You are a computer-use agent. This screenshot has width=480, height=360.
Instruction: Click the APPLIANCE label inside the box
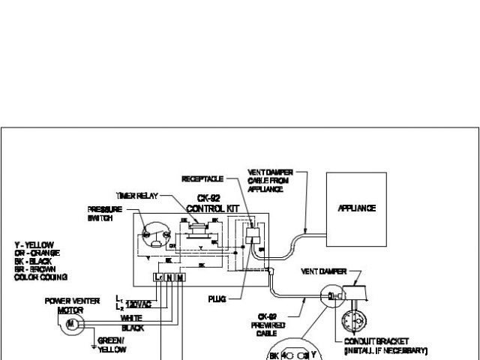coord(356,208)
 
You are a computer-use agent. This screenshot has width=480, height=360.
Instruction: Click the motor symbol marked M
coord(71,324)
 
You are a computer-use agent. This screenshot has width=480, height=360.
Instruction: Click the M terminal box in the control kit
coord(180,277)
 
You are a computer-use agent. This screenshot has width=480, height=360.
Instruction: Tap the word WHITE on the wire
coord(130,318)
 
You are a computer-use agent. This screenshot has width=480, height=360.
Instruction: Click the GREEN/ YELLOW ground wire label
coord(112,343)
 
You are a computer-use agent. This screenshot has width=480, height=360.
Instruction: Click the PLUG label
coord(218,297)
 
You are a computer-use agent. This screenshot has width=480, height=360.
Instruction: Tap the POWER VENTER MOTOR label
coord(69,305)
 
